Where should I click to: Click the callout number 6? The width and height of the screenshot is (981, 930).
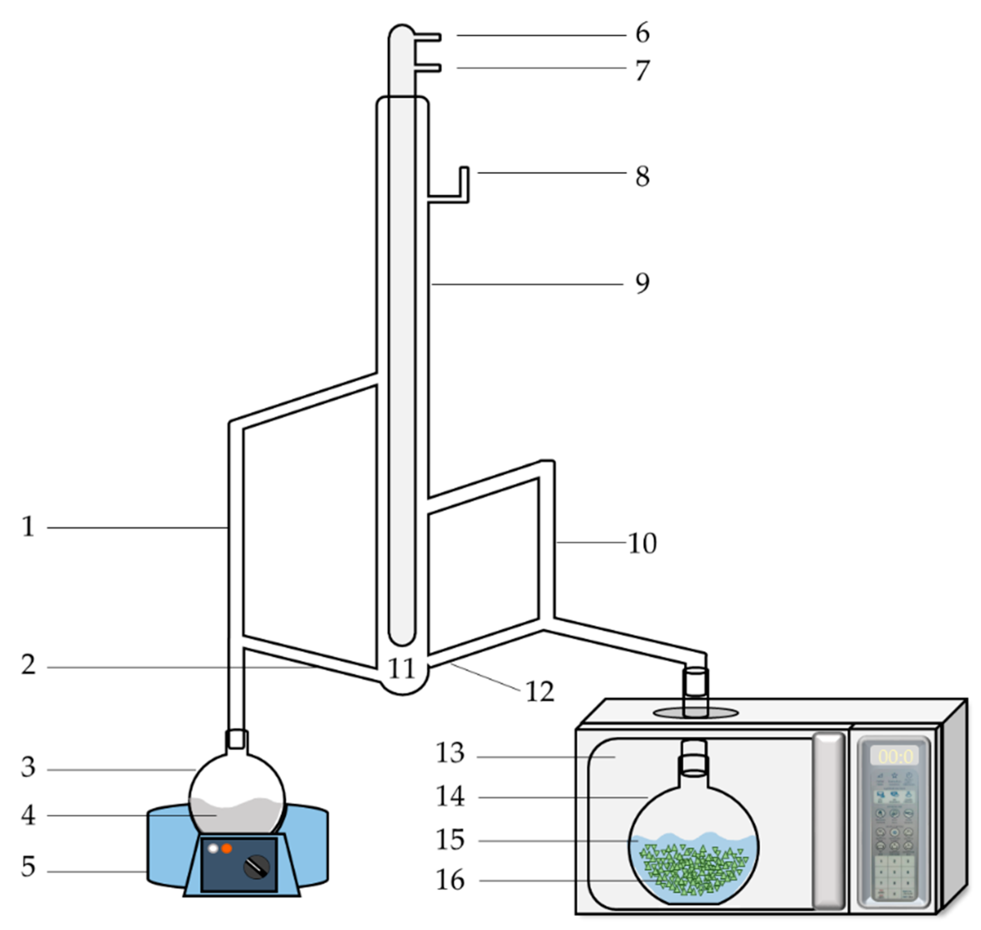point(642,33)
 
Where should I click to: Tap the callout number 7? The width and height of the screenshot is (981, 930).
point(642,70)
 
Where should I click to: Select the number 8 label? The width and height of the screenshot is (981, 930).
point(642,176)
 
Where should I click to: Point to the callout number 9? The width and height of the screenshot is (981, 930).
point(642,283)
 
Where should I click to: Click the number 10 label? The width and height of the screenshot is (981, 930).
point(642,543)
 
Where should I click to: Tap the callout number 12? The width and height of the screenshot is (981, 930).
point(539,691)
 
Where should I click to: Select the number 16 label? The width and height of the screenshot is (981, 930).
point(450,880)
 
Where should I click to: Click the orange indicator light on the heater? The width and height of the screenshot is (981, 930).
point(226,848)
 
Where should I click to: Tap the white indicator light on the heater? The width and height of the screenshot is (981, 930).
point(213,848)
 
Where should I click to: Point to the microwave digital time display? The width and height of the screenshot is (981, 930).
point(894,757)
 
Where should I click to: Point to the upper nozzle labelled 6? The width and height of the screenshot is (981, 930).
point(427,37)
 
